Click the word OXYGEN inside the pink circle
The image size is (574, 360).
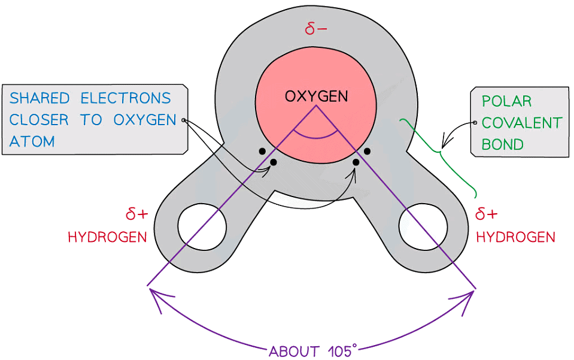(x=315, y=96)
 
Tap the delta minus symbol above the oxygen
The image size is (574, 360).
(x=315, y=29)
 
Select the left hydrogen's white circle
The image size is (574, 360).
(x=202, y=228)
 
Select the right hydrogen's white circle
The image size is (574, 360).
(x=423, y=228)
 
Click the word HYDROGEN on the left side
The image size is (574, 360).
(x=107, y=237)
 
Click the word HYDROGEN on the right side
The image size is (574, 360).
(x=515, y=237)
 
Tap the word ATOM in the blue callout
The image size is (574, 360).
(x=32, y=141)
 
